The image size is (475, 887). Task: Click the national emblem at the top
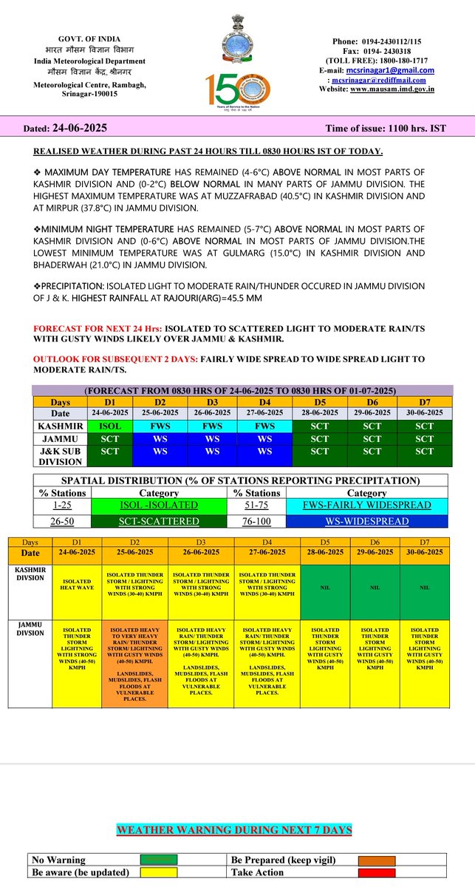237,37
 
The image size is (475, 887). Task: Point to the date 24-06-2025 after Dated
80,128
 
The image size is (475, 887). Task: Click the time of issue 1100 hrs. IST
386,128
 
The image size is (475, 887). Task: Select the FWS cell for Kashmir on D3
212,426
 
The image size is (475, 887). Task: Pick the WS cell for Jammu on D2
160,438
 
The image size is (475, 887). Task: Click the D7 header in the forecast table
424,401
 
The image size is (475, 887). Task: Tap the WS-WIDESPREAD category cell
366,521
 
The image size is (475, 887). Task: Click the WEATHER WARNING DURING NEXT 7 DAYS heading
234,830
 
